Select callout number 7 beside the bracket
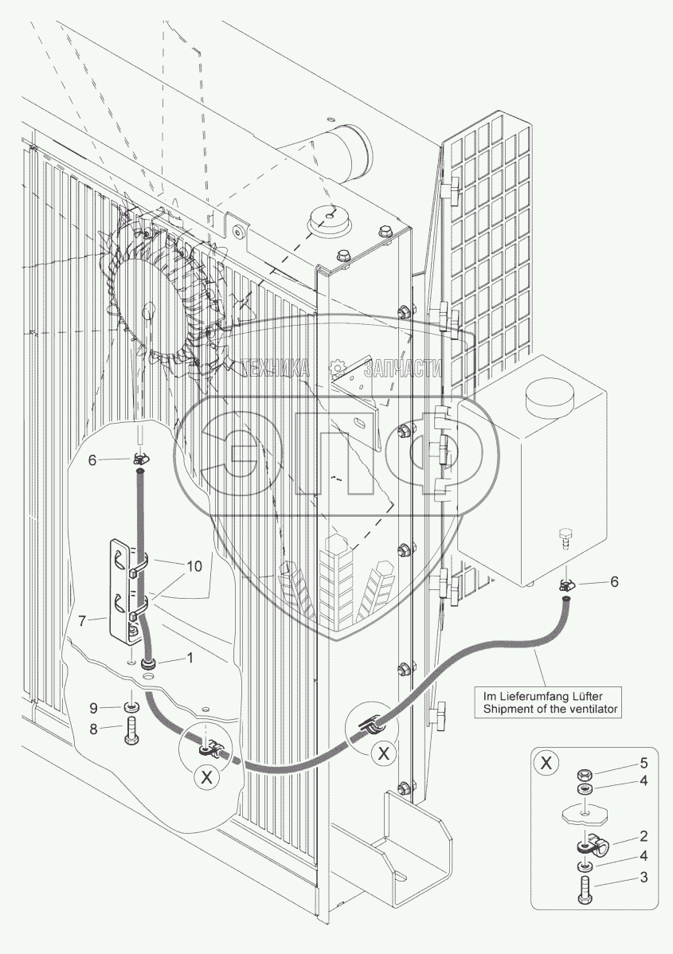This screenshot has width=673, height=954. click(x=92, y=618)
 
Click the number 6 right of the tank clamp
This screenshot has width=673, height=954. click(x=614, y=581)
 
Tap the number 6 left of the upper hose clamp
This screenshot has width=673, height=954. click(x=92, y=459)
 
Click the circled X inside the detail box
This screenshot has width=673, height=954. click(x=546, y=764)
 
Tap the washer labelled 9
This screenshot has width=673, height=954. click(x=131, y=706)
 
